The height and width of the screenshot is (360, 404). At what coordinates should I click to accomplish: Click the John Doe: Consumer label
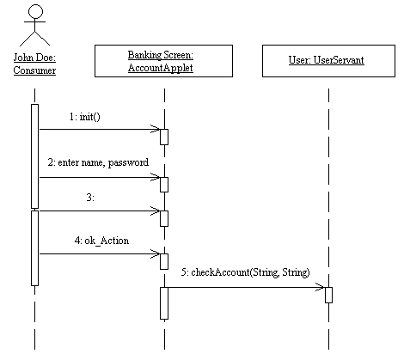tap(34, 64)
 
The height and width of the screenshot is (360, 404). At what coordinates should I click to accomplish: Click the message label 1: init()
tap(85, 117)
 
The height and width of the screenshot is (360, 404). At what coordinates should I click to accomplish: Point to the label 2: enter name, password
tap(98, 162)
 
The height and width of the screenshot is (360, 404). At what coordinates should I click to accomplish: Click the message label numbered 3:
tap(90, 198)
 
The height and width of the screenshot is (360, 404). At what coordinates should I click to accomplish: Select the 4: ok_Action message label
tap(101, 241)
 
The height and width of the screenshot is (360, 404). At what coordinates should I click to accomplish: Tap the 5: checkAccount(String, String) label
tap(246, 272)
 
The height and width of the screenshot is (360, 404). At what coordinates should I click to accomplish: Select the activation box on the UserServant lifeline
tap(328, 295)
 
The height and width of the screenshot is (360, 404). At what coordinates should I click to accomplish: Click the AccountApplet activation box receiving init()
tap(164, 137)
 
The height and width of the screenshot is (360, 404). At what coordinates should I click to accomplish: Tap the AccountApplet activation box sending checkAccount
tap(164, 303)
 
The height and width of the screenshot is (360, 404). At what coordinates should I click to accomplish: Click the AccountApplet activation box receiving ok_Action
tap(164, 261)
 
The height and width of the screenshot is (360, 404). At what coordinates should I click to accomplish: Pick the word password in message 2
tap(128, 163)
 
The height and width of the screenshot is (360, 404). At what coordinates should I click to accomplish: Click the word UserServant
tap(339, 60)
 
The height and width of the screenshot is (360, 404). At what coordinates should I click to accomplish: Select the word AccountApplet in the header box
tap(161, 68)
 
